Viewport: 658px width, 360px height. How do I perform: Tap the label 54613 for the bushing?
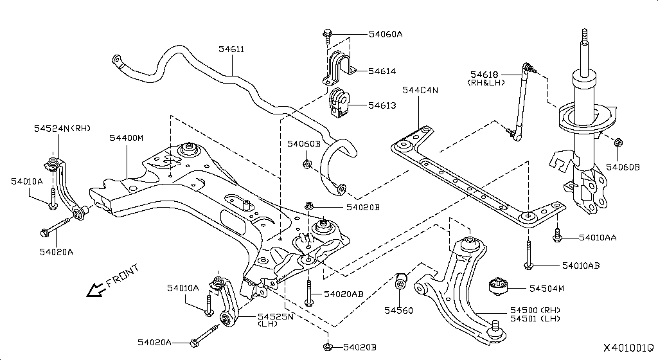click(382, 104)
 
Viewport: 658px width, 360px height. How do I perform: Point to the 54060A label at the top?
click(386, 34)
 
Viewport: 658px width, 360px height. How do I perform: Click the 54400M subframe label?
click(126, 138)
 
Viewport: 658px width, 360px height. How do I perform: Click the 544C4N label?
click(420, 90)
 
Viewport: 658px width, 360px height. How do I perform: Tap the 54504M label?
click(546, 289)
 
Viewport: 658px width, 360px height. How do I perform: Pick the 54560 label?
click(398, 311)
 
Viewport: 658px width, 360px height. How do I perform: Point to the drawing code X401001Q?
click(628, 348)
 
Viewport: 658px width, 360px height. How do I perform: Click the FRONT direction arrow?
click(97, 290)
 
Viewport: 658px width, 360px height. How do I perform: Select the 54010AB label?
click(580, 265)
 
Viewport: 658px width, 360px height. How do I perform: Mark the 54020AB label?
click(343, 294)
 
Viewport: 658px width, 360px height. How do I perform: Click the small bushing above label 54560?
click(402, 281)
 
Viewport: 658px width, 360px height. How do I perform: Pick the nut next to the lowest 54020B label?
click(328, 348)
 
